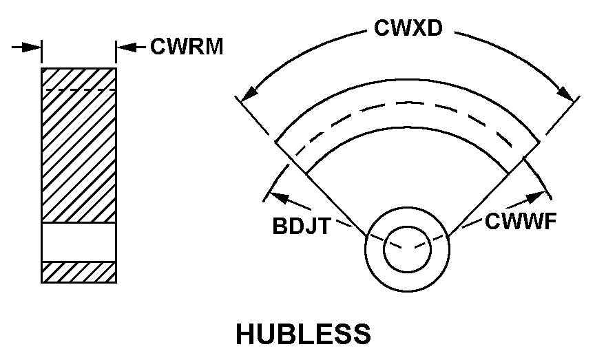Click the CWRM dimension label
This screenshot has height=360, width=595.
tap(187, 47)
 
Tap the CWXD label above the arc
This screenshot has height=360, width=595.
tap(408, 28)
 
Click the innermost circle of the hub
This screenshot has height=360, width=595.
tap(407, 247)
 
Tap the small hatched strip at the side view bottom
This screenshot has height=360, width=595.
tap(79, 272)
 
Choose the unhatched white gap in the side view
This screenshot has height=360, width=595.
tap(79, 242)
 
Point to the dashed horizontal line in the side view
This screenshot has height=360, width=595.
tap(79, 90)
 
